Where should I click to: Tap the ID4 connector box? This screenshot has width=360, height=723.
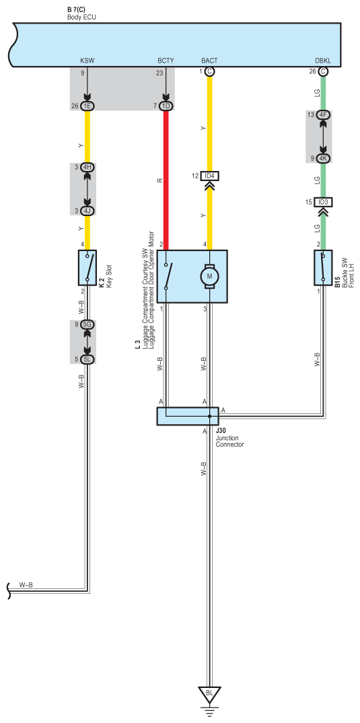click(210, 176)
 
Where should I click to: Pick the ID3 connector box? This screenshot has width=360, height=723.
click(323, 202)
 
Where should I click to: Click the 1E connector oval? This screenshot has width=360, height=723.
click(87, 106)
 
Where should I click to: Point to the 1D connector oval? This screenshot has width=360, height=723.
click(166, 106)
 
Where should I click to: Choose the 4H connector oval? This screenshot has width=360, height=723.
click(87, 167)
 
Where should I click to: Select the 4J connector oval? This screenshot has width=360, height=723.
click(87, 211)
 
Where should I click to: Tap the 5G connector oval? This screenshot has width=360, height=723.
click(87, 324)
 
